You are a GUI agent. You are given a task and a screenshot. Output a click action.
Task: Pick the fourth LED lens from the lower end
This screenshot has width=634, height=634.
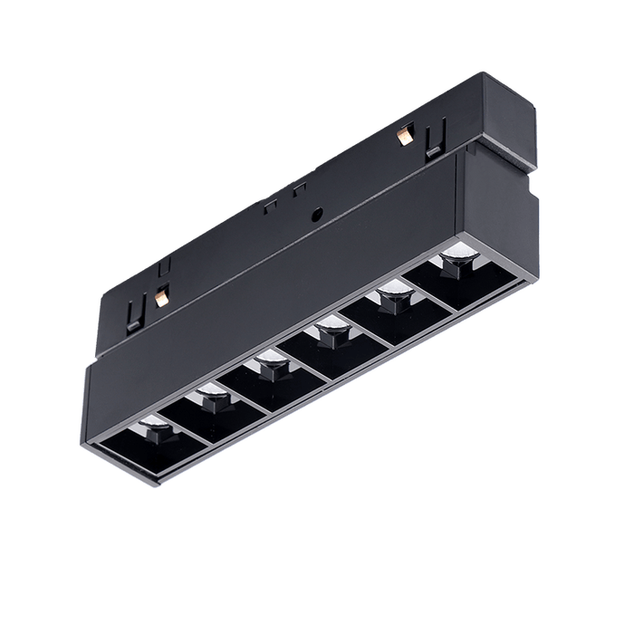[329, 334]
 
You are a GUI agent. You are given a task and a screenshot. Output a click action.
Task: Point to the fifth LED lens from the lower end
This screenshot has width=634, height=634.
[390, 294]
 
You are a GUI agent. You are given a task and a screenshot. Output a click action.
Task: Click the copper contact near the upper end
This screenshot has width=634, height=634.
[403, 136]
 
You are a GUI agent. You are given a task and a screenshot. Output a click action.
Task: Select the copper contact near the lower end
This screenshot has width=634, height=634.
[162, 294]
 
